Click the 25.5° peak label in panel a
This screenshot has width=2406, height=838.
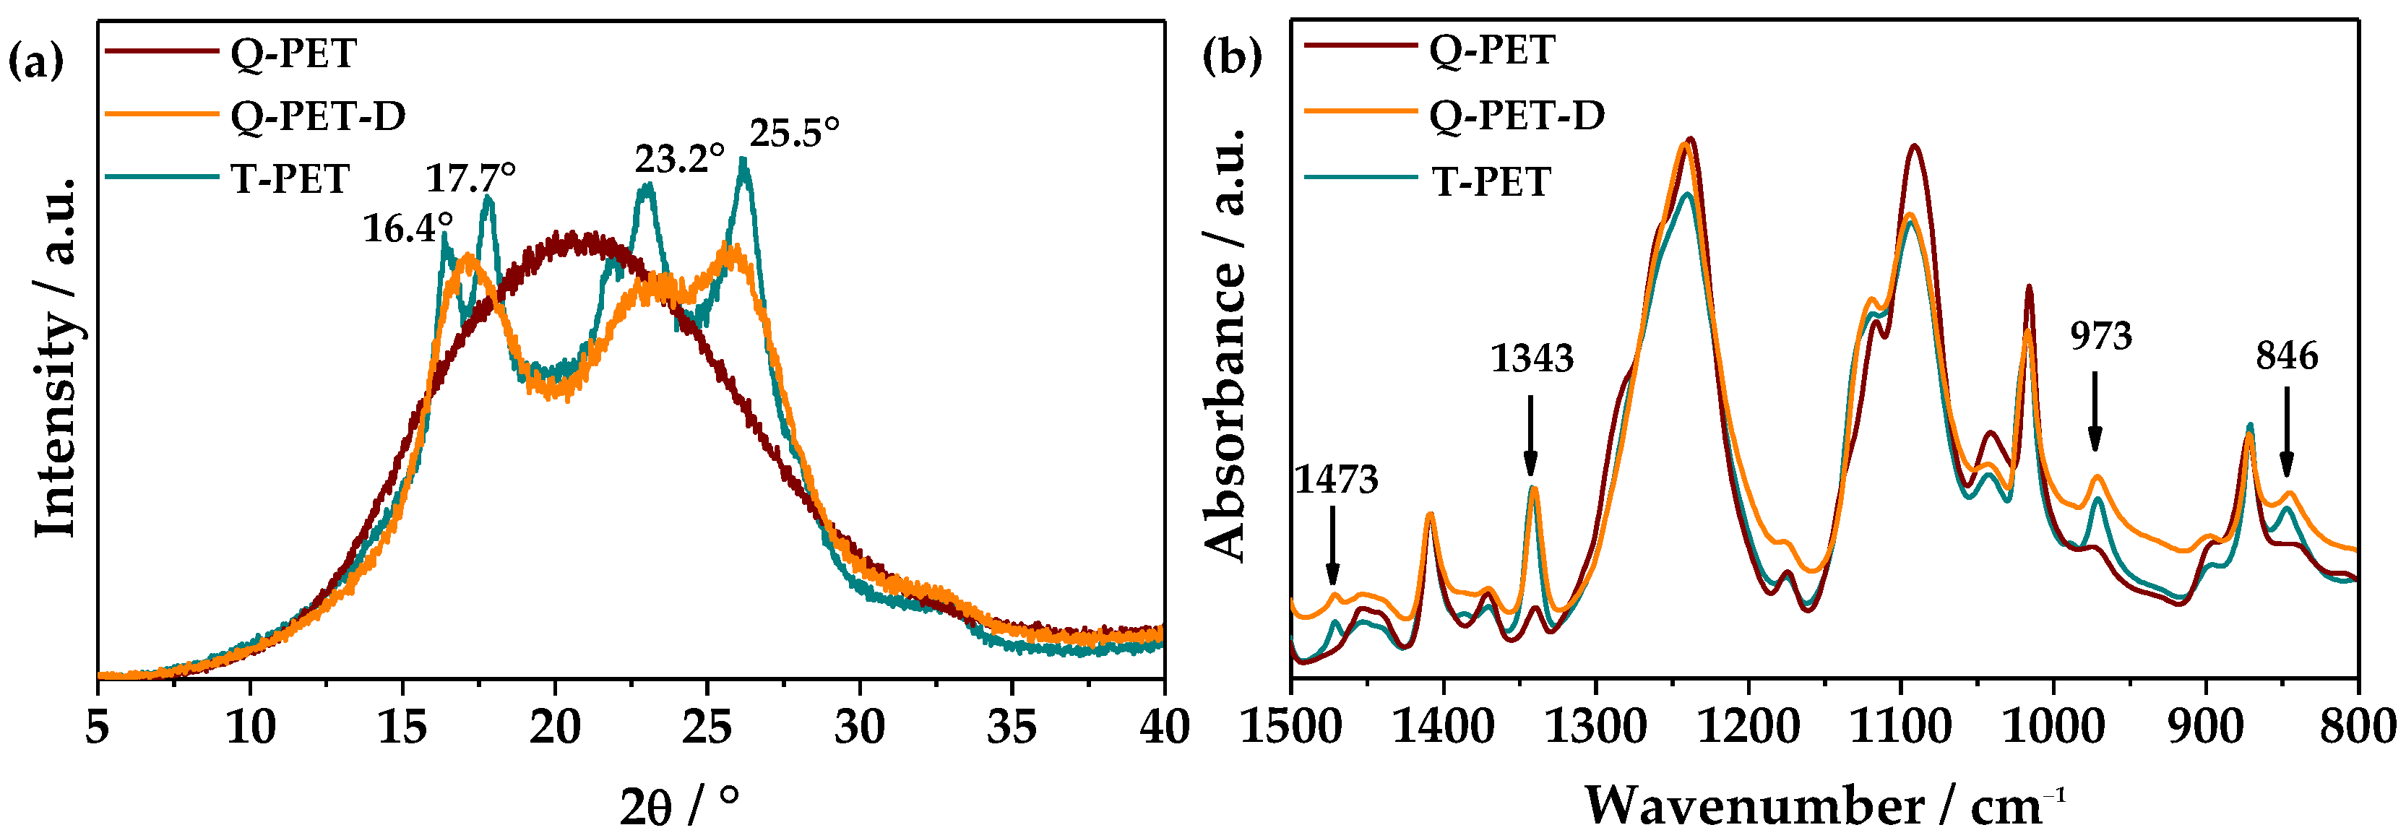click(794, 133)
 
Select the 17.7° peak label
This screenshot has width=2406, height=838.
click(471, 176)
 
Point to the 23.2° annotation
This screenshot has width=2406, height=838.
click(679, 159)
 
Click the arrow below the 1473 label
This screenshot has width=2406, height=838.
click(1332, 545)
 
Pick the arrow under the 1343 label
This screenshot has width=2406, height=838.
click(1530, 436)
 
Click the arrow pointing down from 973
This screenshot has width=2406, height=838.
click(2095, 411)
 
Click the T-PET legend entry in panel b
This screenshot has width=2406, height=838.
click(1491, 181)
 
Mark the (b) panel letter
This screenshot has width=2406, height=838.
click(1231, 56)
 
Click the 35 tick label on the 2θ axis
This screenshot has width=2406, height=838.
click(1012, 727)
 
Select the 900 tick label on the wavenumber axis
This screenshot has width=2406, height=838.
click(2205, 727)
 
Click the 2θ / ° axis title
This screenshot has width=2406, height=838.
click(679, 805)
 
